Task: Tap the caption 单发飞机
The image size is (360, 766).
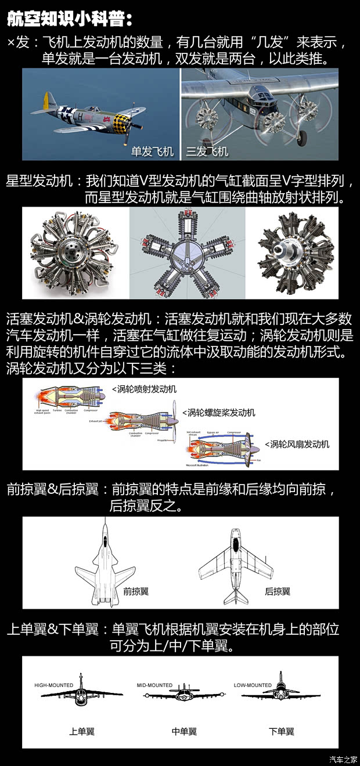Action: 152,151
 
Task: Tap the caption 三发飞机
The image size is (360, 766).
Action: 207,151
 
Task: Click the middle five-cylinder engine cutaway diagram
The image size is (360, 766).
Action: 187,253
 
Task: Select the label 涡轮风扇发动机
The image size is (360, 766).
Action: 297,444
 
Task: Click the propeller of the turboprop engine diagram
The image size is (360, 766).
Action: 174,419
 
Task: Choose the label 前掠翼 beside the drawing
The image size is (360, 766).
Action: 136,591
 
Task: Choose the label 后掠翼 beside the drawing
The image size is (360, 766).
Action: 278,591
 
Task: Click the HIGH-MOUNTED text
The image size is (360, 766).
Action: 54,685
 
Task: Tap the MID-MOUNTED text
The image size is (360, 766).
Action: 155,685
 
